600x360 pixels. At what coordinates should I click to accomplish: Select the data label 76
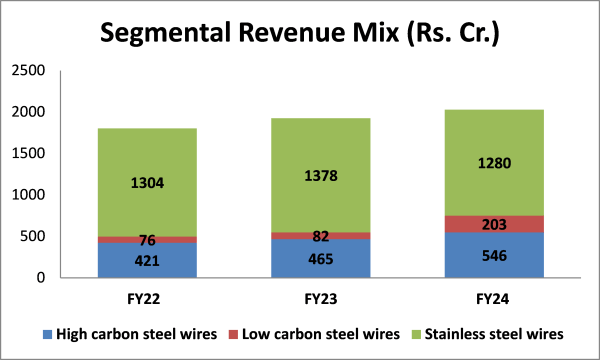(147, 239)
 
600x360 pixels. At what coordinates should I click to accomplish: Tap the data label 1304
(147, 183)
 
